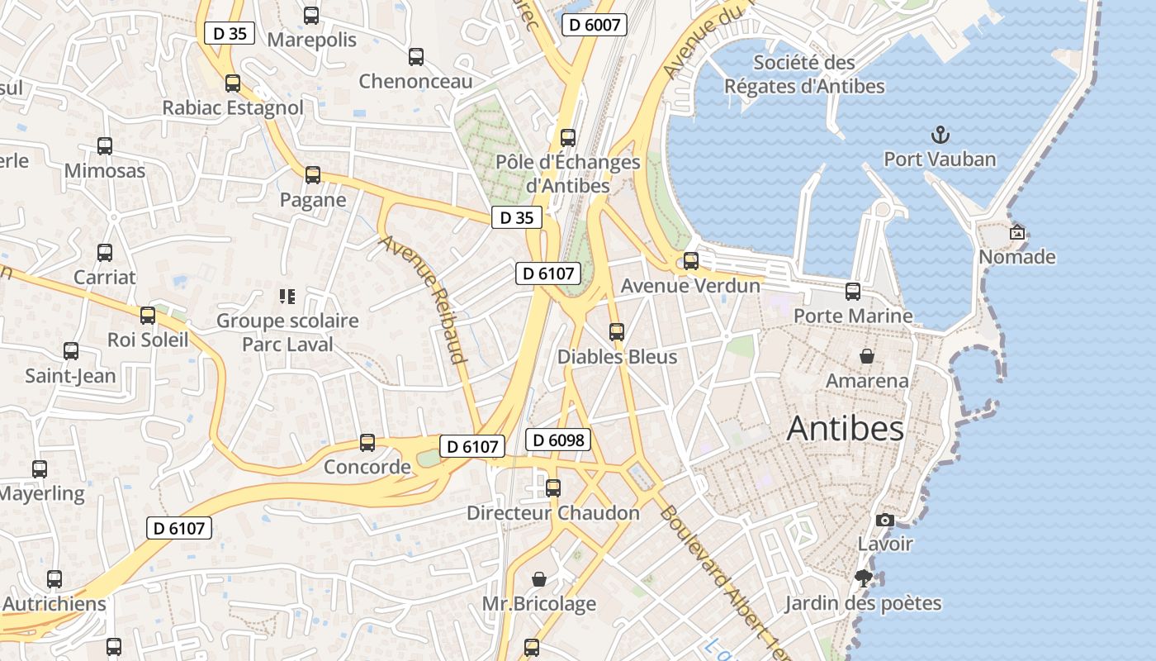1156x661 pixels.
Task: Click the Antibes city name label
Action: click(x=845, y=428)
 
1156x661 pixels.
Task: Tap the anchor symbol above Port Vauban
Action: click(x=939, y=134)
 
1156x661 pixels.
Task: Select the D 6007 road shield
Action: click(x=595, y=25)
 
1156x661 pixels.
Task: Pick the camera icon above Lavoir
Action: click(x=884, y=520)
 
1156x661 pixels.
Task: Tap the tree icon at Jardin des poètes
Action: click(x=864, y=578)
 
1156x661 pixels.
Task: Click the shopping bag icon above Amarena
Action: click(x=867, y=356)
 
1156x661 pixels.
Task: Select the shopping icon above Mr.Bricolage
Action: click(x=539, y=579)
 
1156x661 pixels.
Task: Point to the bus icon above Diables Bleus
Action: click(x=616, y=332)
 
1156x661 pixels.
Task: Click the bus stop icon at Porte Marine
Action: click(x=853, y=292)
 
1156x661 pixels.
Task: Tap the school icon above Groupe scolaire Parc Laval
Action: click(x=287, y=296)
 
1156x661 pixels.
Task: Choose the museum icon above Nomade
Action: click(x=1016, y=232)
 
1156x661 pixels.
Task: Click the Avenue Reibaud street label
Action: click(x=424, y=299)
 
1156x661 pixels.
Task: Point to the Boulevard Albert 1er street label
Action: click(x=724, y=579)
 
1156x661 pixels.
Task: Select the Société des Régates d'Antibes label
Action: click(x=804, y=74)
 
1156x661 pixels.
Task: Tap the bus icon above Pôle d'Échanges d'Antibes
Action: click(x=568, y=138)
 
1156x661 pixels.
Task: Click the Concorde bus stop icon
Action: click(x=367, y=443)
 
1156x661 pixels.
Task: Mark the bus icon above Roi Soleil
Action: click(x=148, y=316)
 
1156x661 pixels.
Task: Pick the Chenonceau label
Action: click(x=415, y=81)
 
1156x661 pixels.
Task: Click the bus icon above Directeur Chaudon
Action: click(x=553, y=488)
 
